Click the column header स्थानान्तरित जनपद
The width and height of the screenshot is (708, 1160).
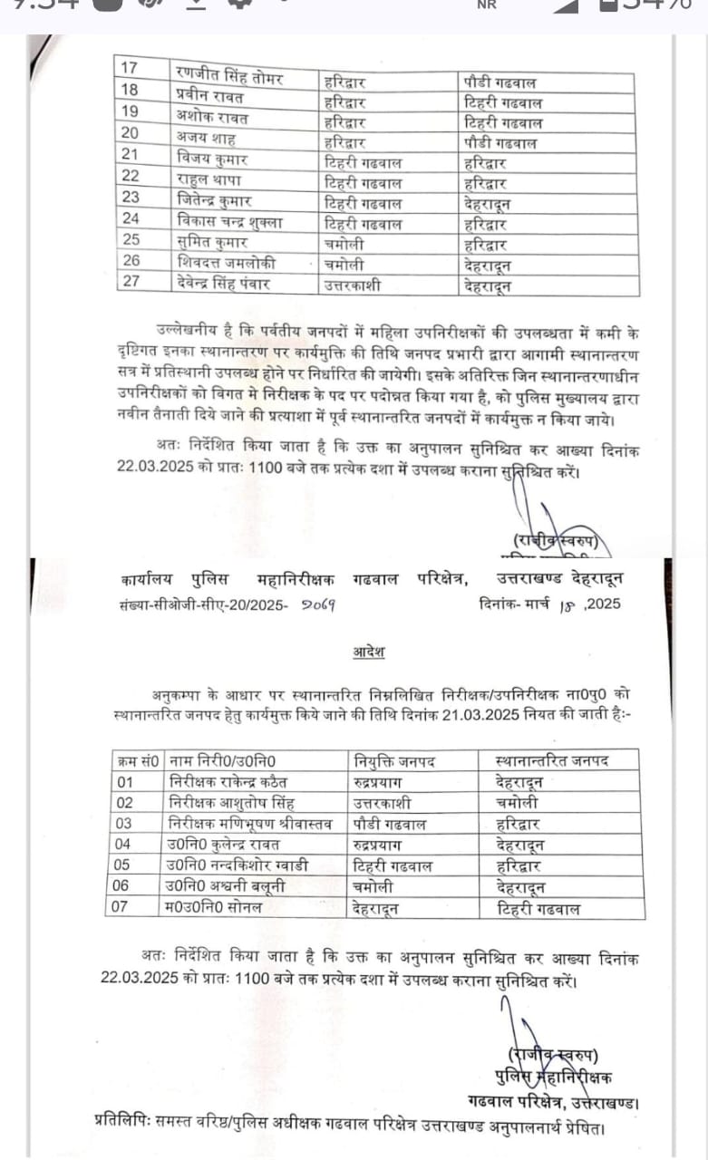[x=553, y=759]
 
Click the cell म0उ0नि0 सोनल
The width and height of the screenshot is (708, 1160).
[x=217, y=908]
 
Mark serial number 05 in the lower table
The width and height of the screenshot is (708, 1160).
[x=124, y=865]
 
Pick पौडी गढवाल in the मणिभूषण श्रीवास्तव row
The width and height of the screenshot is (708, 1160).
[x=391, y=824]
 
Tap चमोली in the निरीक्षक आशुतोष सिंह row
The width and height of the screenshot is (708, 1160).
[x=518, y=803]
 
